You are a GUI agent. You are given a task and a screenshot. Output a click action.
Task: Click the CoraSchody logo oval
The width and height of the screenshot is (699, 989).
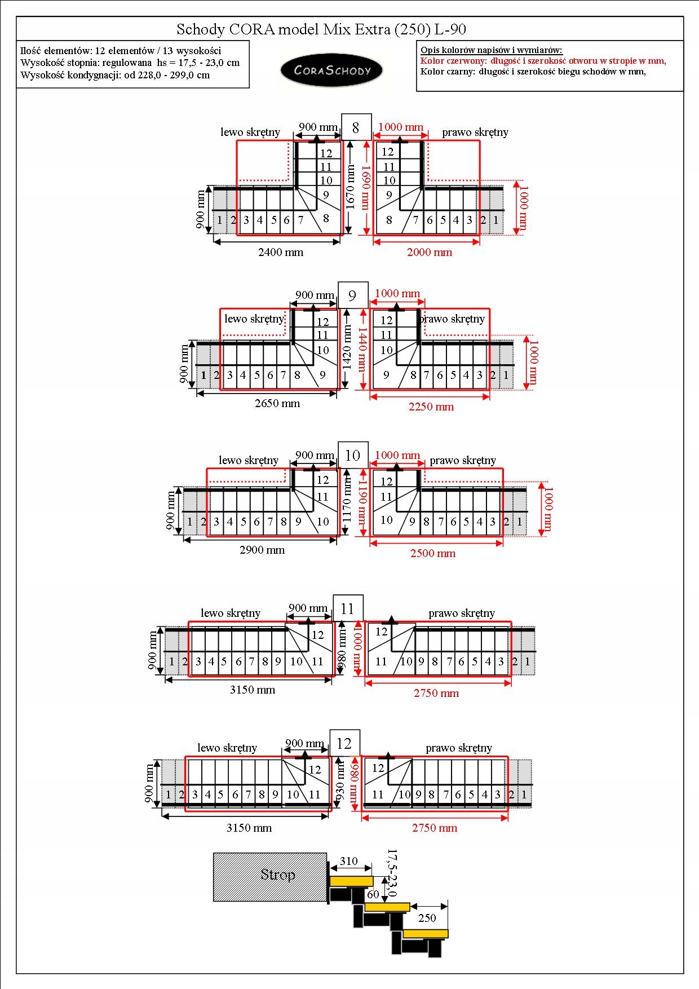point(331,70)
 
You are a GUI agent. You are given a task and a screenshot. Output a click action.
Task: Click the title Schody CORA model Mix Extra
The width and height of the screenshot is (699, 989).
point(321,29)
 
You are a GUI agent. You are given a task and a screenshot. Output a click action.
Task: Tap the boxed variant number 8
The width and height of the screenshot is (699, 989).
point(356,128)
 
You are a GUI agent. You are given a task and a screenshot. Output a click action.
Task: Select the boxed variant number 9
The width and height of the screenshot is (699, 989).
point(352,296)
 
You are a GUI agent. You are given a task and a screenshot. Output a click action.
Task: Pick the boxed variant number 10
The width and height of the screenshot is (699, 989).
point(353,456)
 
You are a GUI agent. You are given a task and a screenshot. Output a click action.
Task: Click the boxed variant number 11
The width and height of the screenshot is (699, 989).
point(347,608)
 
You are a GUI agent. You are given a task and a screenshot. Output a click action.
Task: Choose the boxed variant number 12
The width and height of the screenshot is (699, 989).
point(344,744)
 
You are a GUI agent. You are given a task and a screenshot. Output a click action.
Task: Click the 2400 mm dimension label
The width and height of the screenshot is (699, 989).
point(281,253)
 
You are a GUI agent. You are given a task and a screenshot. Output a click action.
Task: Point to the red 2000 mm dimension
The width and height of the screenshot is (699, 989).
point(430,253)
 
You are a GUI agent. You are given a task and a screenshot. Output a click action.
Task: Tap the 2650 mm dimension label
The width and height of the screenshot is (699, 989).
point(277,404)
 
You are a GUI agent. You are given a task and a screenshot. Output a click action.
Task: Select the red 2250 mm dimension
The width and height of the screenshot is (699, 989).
point(431,407)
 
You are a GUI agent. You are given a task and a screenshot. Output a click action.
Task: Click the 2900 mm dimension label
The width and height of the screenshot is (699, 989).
point(262,550)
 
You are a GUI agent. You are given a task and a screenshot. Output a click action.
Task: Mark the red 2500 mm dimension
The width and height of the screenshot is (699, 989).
point(433,554)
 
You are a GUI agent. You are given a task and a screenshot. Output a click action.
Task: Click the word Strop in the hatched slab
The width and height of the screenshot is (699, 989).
point(277,875)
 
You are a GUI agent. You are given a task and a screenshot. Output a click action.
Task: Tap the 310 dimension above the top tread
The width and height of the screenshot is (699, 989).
point(349,861)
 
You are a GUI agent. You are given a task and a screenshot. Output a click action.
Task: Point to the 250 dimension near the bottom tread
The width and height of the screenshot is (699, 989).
point(427,918)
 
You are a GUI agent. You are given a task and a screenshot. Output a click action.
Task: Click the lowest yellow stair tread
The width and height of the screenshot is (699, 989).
point(426,934)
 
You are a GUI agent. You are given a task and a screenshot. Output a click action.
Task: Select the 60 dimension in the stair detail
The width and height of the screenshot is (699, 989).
point(373,894)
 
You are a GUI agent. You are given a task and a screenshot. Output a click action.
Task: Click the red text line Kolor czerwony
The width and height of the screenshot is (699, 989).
point(543,61)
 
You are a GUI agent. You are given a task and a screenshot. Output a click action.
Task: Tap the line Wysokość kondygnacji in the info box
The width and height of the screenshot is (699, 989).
point(115,75)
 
